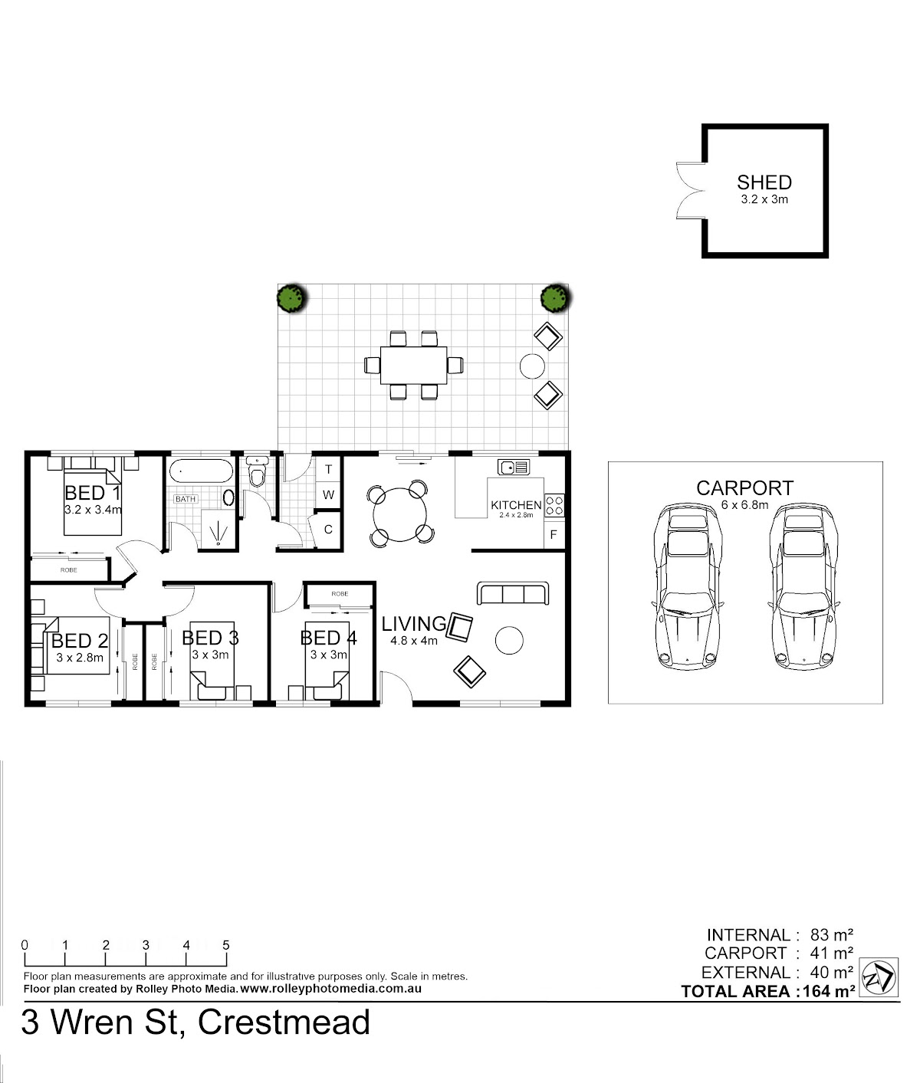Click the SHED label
(x=764, y=182)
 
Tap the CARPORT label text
(x=744, y=487)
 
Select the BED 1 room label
(x=93, y=493)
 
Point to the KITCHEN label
(x=516, y=505)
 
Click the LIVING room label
(x=413, y=623)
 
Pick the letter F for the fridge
(x=553, y=535)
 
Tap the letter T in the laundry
(x=328, y=470)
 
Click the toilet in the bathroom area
(x=257, y=472)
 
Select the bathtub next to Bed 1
(x=202, y=471)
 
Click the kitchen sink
(x=514, y=467)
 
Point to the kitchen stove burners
(x=554, y=505)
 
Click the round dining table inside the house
(x=399, y=514)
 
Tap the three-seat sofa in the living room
(x=513, y=593)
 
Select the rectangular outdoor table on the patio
(x=413, y=365)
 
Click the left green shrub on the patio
(x=292, y=299)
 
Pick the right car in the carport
(x=803, y=587)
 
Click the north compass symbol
(x=879, y=977)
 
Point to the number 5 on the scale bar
(x=226, y=945)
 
